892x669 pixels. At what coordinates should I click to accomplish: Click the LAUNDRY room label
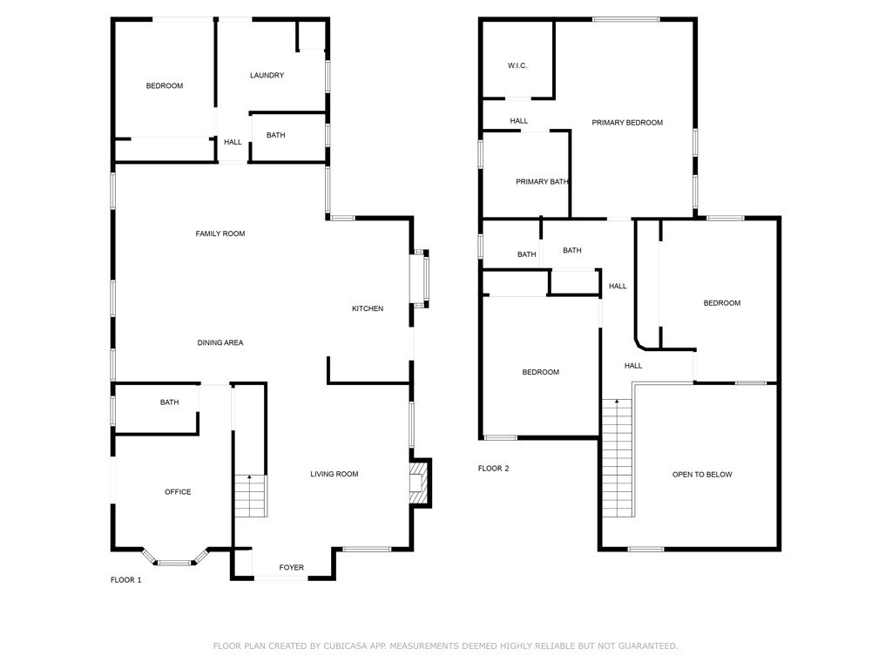pyautogui.click(x=267, y=76)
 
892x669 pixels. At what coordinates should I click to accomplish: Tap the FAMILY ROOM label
pyautogui.click(x=220, y=233)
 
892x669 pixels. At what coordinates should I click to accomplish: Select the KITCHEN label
pyautogui.click(x=368, y=308)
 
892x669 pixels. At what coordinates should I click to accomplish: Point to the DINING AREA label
pyautogui.click(x=220, y=343)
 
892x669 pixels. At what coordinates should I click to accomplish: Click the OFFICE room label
pyautogui.click(x=178, y=492)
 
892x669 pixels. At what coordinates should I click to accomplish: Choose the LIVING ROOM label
pyautogui.click(x=334, y=475)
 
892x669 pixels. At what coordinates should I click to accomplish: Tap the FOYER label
pyautogui.click(x=292, y=568)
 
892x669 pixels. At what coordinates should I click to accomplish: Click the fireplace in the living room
pyautogui.click(x=419, y=482)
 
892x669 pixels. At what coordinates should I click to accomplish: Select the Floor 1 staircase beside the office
pyautogui.click(x=250, y=496)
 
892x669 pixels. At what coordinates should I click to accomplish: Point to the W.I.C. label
pyautogui.click(x=517, y=66)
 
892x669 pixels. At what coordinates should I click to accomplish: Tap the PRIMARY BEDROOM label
pyautogui.click(x=627, y=123)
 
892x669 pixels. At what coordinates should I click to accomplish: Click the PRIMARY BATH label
pyautogui.click(x=542, y=182)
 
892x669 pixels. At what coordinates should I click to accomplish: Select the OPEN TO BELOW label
pyautogui.click(x=702, y=475)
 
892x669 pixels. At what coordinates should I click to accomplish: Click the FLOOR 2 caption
pyautogui.click(x=493, y=469)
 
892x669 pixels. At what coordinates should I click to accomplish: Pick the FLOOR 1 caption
pyautogui.click(x=125, y=580)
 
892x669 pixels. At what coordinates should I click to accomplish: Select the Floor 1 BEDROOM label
pyautogui.click(x=165, y=86)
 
